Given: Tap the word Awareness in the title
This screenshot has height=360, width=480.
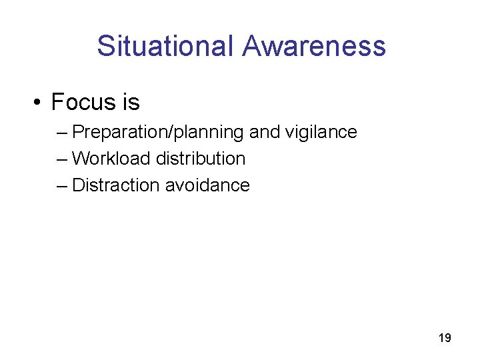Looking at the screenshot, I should click(x=314, y=46).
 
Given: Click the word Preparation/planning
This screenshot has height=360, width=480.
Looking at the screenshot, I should click(x=158, y=132).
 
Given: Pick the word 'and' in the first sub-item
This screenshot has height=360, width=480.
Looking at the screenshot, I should click(x=265, y=132).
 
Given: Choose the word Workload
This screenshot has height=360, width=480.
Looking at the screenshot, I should click(x=111, y=159).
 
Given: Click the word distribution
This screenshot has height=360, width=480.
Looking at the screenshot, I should click(x=201, y=159).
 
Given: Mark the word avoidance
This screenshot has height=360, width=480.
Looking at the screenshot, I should click(x=207, y=185).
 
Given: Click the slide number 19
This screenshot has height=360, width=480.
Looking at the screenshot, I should click(x=445, y=338).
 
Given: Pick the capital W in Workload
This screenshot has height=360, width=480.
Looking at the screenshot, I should click(x=81, y=159).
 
